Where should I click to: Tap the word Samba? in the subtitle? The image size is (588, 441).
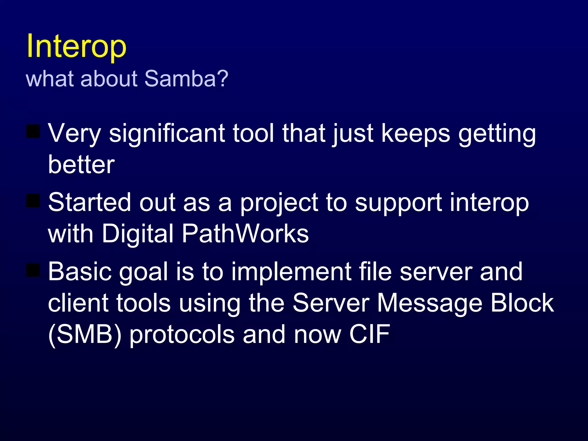186,79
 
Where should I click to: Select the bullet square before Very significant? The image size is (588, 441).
33,131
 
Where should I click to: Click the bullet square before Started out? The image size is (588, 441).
33,200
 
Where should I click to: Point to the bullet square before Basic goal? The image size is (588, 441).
33,270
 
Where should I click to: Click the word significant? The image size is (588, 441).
167,133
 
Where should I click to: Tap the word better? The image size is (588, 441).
81,165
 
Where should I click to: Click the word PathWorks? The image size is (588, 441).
245,234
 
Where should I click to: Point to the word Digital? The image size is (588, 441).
138,234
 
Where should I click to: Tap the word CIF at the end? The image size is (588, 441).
370,334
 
